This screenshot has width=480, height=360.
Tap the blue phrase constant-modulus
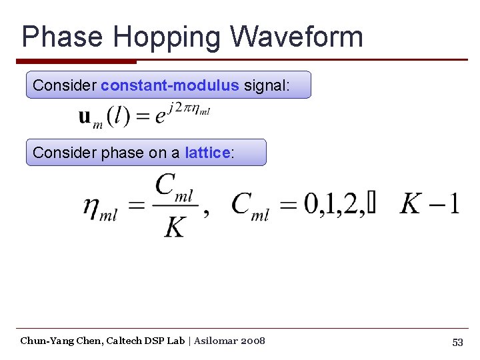(x=169, y=85)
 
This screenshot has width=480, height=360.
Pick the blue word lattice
(x=207, y=153)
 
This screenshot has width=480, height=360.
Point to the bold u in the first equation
(x=85, y=117)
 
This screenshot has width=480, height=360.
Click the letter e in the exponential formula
(x=161, y=118)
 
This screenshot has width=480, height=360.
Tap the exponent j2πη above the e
(x=189, y=106)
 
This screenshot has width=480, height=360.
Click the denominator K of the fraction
(x=174, y=227)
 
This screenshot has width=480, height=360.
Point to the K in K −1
(x=411, y=203)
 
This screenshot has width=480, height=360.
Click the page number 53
(x=457, y=342)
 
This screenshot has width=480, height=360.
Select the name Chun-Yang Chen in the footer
(x=59, y=341)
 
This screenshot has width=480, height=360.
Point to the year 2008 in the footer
(x=253, y=341)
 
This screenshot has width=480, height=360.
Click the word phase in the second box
(x=122, y=153)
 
